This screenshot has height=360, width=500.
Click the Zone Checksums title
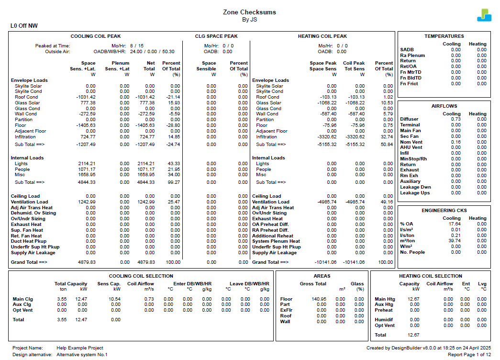coord(249,12)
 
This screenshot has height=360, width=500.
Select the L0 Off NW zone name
coord(24,26)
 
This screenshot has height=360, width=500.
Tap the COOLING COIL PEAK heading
coord(96,36)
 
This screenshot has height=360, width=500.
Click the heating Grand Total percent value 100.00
coord(385,262)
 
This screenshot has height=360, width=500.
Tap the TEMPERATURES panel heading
coord(444,36)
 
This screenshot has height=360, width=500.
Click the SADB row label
coord(407,50)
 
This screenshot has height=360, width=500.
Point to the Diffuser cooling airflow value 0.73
coord(456,119)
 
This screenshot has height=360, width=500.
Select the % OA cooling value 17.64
coord(455,224)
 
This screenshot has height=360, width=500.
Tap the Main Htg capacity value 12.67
coord(413,299)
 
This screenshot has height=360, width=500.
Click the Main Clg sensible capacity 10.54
coord(114,299)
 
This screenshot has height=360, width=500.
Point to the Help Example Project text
coord(80,348)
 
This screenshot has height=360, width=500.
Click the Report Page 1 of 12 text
coord(469,355)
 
